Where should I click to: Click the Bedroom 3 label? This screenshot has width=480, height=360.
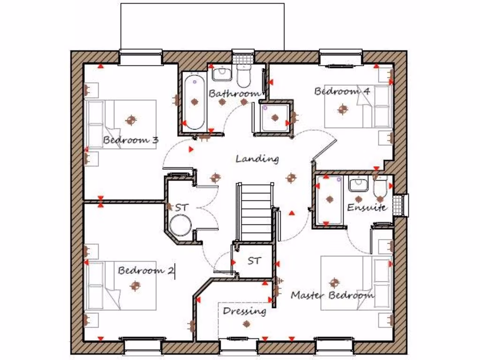pyautogui.click(x=131, y=140)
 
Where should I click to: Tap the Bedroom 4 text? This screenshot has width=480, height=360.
pyautogui.click(x=342, y=91)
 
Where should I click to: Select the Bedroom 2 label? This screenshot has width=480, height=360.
pyautogui.click(x=146, y=270)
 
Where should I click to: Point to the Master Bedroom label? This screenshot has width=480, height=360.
pyautogui.click(x=332, y=295)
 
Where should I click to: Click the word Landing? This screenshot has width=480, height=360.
pyautogui.click(x=257, y=159)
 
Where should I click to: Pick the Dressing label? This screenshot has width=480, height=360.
pyautogui.click(x=244, y=311)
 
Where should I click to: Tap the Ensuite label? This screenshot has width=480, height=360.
pyautogui.click(x=367, y=207)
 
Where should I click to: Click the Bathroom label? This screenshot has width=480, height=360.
pyautogui.click(x=234, y=93)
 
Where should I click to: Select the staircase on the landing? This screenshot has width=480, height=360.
pyautogui.click(x=255, y=211)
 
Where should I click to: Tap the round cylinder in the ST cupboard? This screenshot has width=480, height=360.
pyautogui.click(x=180, y=225)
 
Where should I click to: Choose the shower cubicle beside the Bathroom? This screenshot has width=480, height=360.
pyautogui.click(x=275, y=117)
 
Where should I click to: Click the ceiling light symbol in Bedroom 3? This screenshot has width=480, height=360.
pyautogui.click(x=131, y=120)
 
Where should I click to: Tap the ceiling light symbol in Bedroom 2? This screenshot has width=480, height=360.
pyautogui.click(x=135, y=285)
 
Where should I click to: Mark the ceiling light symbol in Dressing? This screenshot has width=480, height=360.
pyautogui.click(x=247, y=323)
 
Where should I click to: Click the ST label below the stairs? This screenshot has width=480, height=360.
pyautogui.click(x=254, y=261)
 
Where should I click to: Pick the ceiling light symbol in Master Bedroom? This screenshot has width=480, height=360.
pyautogui.click(x=334, y=283)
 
